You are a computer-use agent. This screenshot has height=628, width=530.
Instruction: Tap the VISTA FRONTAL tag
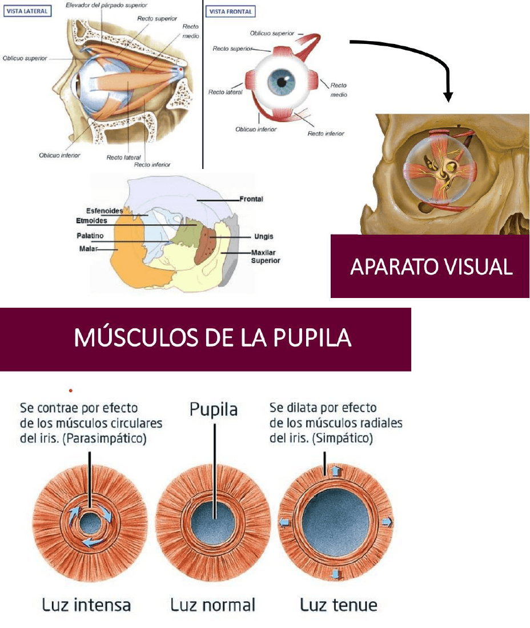tap(231, 11)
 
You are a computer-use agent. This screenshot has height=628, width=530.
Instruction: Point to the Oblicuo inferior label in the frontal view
tap(256, 130)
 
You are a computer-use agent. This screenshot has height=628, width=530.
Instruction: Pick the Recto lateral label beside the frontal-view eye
tap(226, 92)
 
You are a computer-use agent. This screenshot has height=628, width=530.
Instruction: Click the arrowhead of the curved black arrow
tap(448, 96)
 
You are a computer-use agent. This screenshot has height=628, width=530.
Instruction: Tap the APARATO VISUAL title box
tap(431, 266)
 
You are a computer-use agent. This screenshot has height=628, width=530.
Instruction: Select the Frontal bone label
tap(251, 199)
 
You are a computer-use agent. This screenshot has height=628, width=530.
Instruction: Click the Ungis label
tap(263, 236)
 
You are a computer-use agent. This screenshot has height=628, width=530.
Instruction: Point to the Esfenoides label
tap(105, 211)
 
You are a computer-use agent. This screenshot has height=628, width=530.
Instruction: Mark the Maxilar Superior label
tap(266, 256)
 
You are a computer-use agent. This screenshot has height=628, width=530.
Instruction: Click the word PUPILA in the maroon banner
tap(311, 339)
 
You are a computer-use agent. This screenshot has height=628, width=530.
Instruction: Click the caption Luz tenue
tap(339, 605)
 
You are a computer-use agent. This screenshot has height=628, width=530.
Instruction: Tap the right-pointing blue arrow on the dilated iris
tap(387, 522)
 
